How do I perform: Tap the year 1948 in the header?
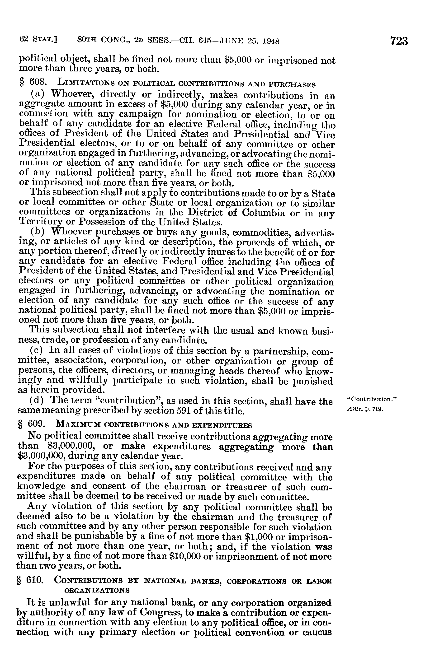[x=271, y=42]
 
